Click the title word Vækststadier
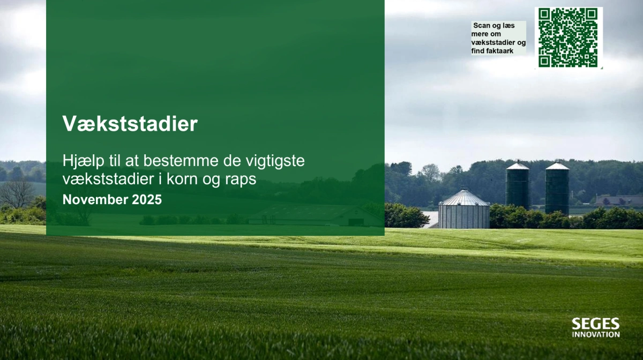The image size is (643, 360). coord(130,124)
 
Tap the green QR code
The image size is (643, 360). coord(568,37)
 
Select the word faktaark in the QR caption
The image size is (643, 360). coord(500,51)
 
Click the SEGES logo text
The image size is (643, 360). coord(595,324)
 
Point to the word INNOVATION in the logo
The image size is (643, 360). coord(595,334)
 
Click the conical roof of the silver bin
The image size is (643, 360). coord(464,197)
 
